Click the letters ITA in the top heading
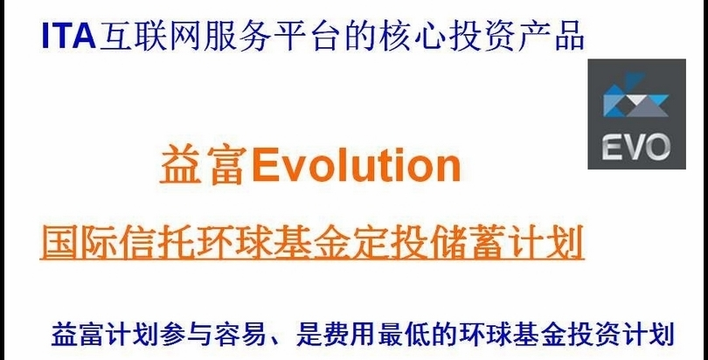[68, 36]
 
